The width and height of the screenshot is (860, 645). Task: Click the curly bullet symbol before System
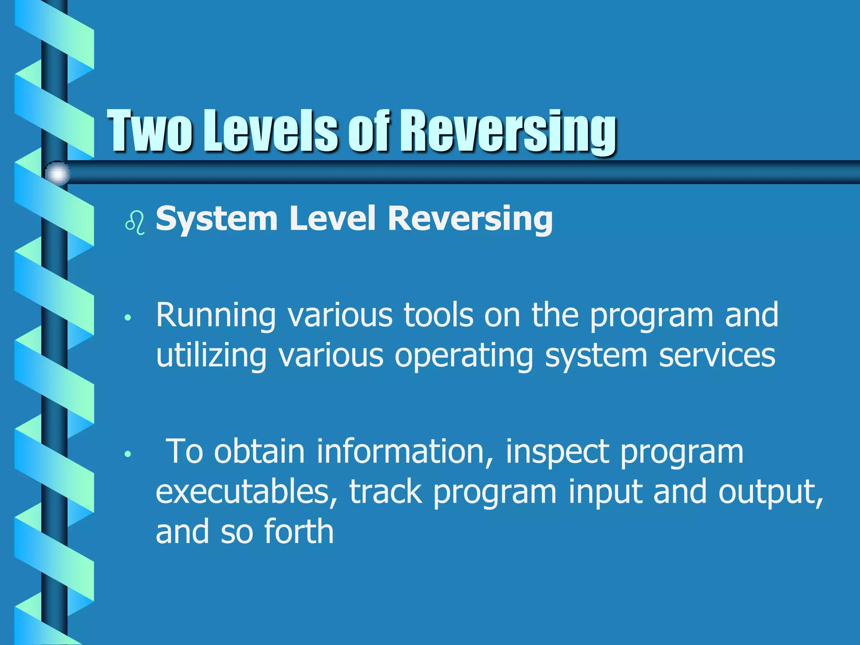(135, 223)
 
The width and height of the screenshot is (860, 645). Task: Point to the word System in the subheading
(216, 219)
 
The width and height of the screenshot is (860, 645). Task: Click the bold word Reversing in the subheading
(470, 219)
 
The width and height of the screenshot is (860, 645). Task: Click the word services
(717, 355)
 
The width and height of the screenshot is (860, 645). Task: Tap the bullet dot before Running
(128, 318)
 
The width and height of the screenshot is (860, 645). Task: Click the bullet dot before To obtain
(128, 454)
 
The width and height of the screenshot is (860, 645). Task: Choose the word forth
(299, 532)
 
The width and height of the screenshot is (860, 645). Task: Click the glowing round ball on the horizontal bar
(57, 173)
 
